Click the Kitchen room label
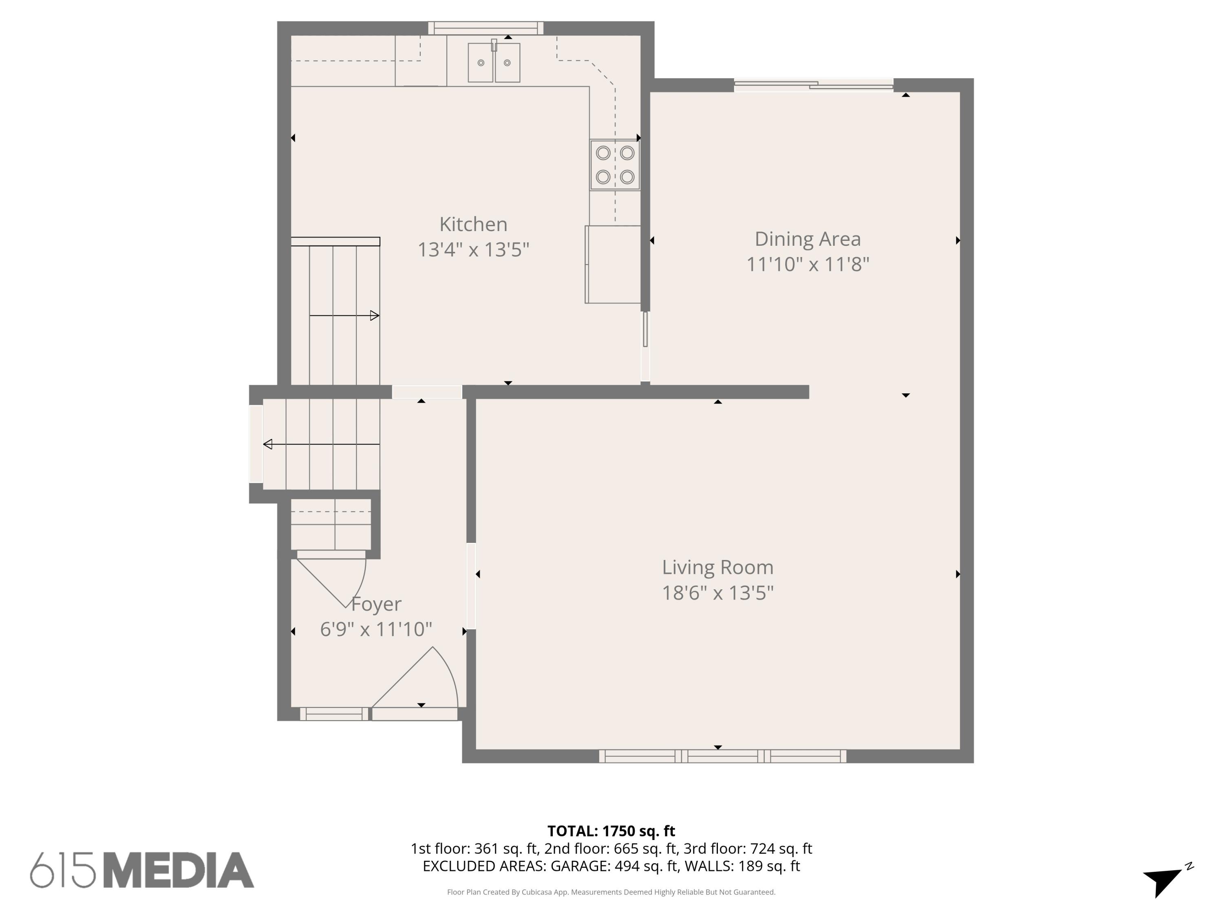point(473,225)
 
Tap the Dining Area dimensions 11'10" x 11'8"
point(807,265)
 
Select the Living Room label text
point(717,568)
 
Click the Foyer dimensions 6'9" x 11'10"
point(376,629)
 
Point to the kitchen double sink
point(494,62)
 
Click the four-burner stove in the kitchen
point(615,165)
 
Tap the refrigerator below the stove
point(613,264)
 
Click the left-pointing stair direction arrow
point(321,444)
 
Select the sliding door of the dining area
point(813,85)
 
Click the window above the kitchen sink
point(486,28)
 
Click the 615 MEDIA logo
point(142,870)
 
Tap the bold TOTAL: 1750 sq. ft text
point(611,831)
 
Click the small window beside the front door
point(334,714)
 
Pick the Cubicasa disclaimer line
point(611,892)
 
